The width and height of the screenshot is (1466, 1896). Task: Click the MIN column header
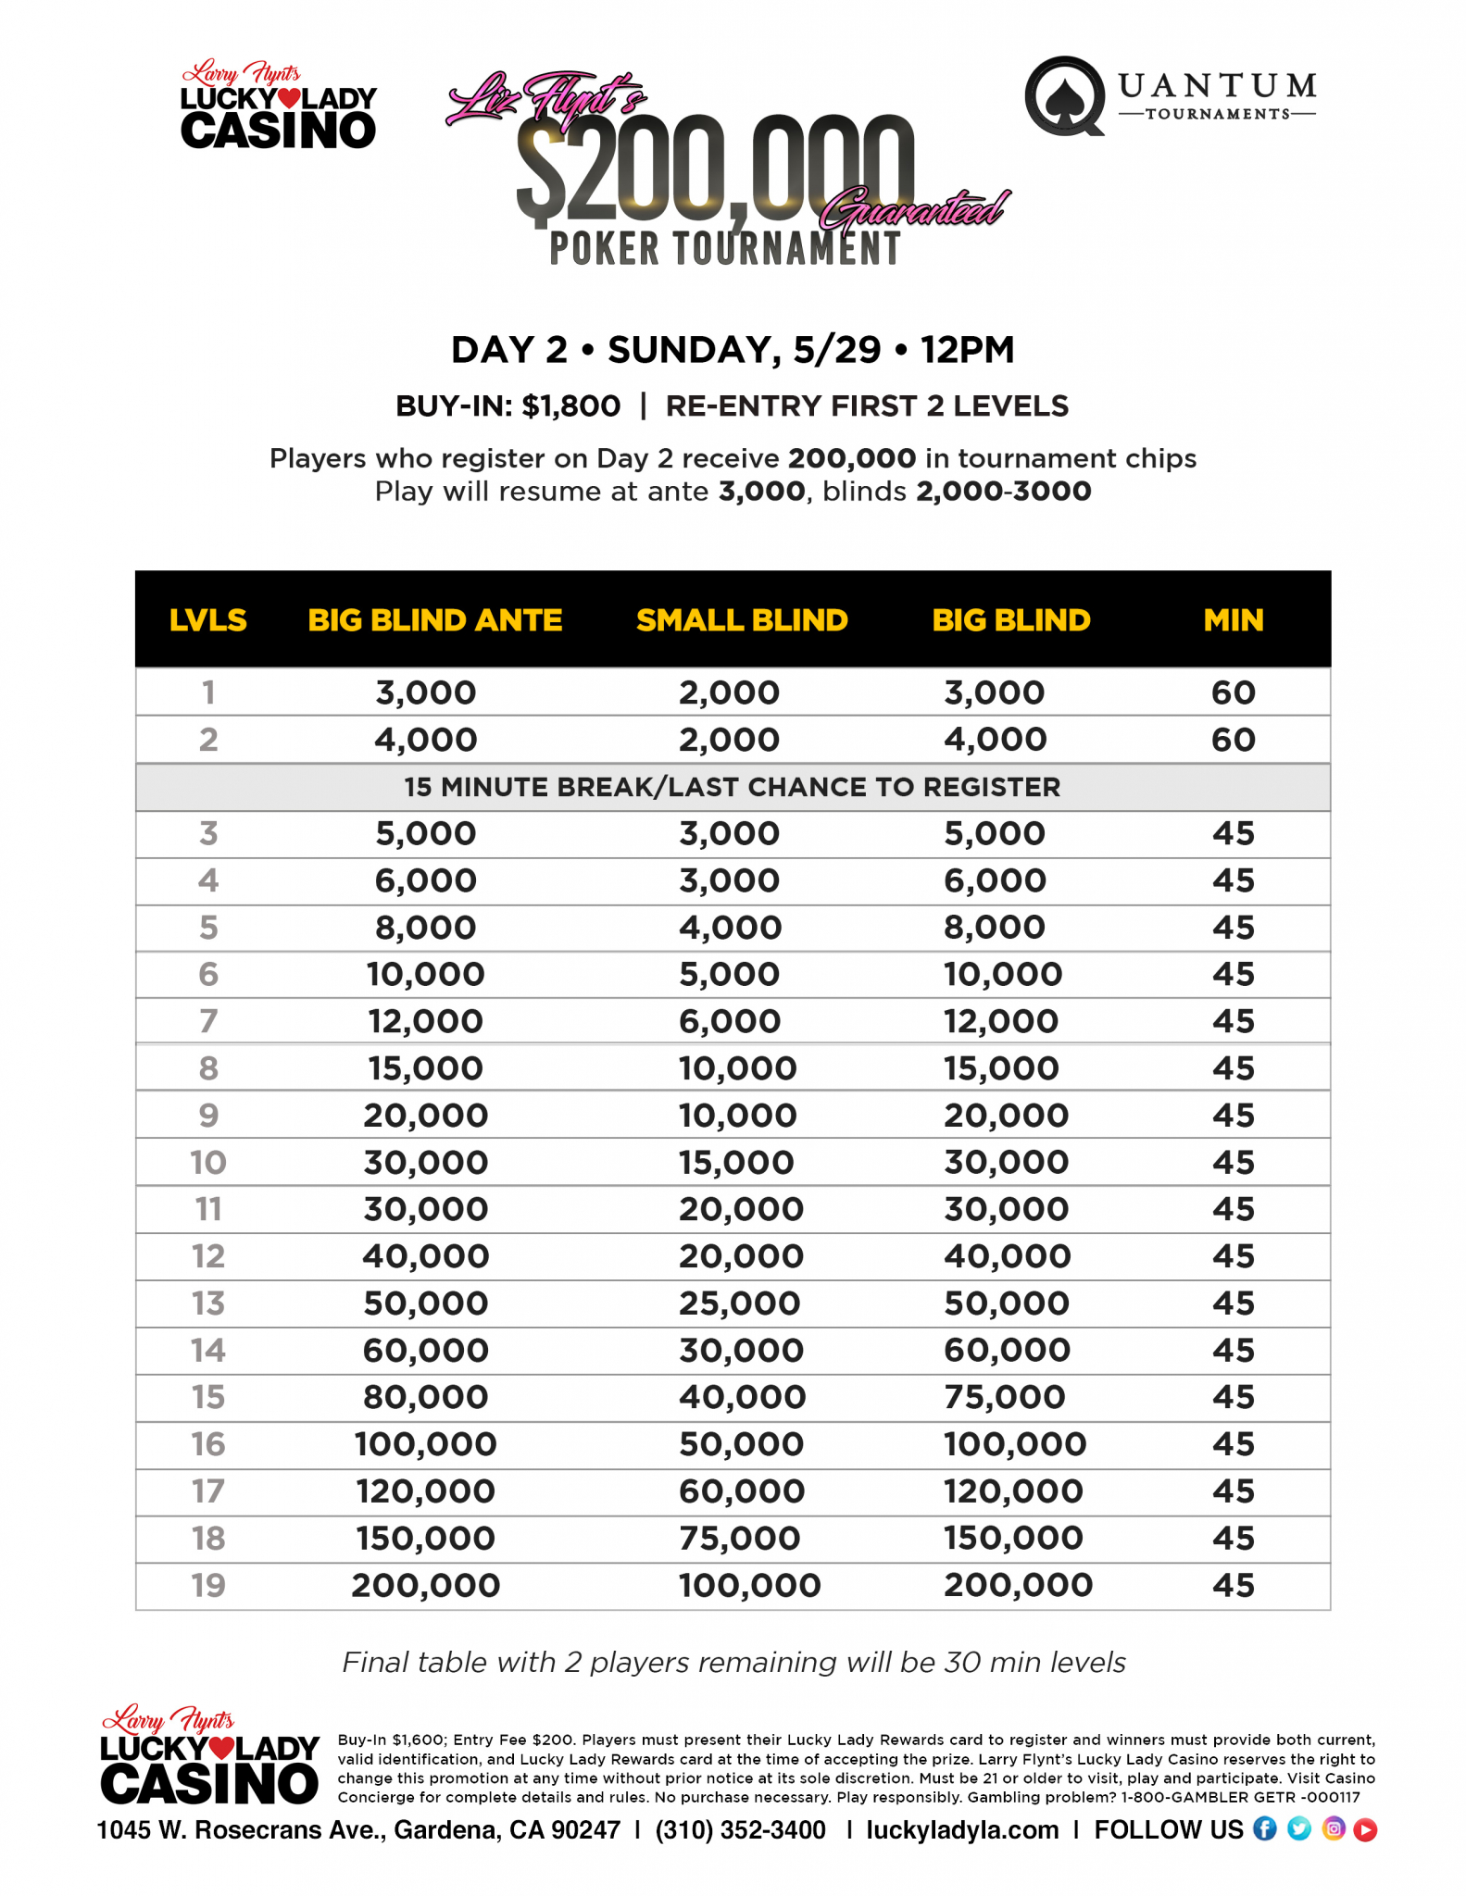click(1233, 619)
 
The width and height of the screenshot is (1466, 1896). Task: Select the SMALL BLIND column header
click(741, 619)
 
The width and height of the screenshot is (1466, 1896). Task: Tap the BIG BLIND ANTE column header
click(434, 619)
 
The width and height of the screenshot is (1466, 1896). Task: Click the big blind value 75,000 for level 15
click(1004, 1397)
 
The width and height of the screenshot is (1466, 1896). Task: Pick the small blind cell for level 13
click(739, 1303)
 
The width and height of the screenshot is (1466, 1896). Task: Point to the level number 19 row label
click(208, 1585)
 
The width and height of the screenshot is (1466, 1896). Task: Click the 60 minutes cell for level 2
click(1233, 740)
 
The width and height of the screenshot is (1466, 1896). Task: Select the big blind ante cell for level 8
click(425, 1068)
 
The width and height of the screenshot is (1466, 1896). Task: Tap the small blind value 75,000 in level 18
click(739, 1538)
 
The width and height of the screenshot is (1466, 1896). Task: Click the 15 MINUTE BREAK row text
click(732, 787)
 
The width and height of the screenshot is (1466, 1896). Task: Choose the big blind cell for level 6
click(1002, 974)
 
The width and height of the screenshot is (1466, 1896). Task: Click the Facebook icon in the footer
click(1264, 1828)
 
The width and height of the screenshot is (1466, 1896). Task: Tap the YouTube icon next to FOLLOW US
click(1365, 1829)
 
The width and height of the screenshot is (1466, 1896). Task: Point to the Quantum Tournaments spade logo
click(1065, 95)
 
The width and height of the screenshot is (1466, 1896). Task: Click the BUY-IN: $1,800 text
click(507, 405)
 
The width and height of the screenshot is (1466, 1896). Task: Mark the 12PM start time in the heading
click(967, 350)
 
